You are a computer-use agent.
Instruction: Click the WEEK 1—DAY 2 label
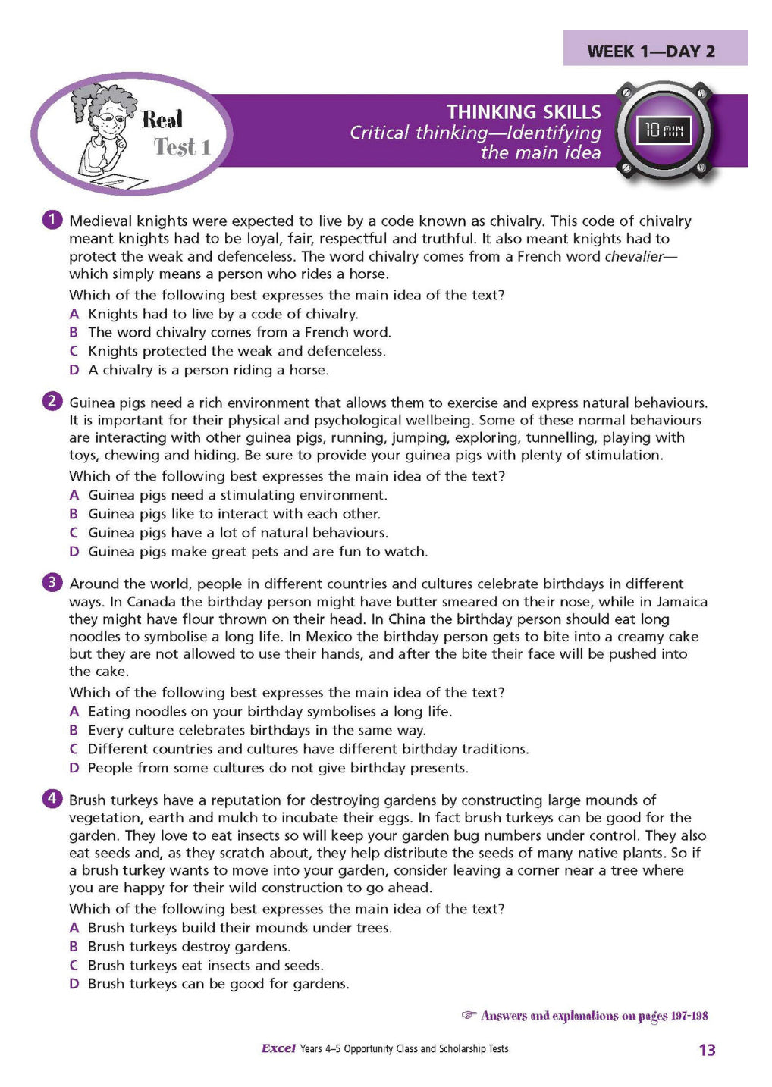(651, 52)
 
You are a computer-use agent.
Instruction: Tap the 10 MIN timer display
(664, 131)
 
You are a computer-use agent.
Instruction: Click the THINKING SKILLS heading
(523, 112)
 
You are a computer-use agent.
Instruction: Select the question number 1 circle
(52, 220)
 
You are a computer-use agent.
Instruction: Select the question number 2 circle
(52, 401)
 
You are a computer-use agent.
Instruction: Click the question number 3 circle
(52, 582)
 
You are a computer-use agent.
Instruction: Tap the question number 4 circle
(52, 798)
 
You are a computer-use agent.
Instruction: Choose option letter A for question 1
(74, 314)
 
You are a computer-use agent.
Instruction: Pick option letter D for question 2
(74, 552)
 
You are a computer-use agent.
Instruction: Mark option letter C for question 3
(74, 749)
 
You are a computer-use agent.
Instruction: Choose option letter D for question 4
(74, 984)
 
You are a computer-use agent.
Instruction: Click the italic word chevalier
(634, 256)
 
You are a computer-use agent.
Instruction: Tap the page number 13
(707, 1050)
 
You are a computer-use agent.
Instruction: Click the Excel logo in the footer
(278, 1048)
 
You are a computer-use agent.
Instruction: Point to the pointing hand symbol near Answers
(469, 1015)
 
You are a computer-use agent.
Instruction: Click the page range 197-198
(689, 1016)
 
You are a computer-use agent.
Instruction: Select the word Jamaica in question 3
(679, 602)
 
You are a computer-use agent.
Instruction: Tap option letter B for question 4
(74, 947)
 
